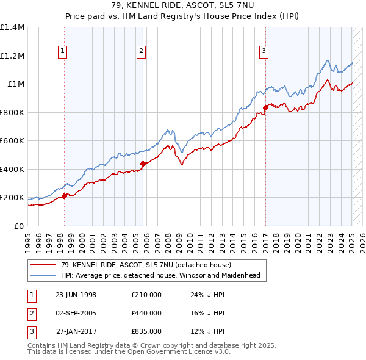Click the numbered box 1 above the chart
[x=63, y=51]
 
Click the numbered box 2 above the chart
[x=141, y=51]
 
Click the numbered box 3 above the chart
[x=264, y=51]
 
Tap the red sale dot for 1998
[x=64, y=196]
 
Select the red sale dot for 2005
[x=142, y=164]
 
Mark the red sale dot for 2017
[x=265, y=107]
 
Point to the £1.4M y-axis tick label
[x=12, y=27]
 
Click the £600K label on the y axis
[x=12, y=141]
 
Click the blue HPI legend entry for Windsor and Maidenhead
[x=159, y=275]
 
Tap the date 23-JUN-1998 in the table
[x=76, y=295]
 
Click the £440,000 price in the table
[x=146, y=313]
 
